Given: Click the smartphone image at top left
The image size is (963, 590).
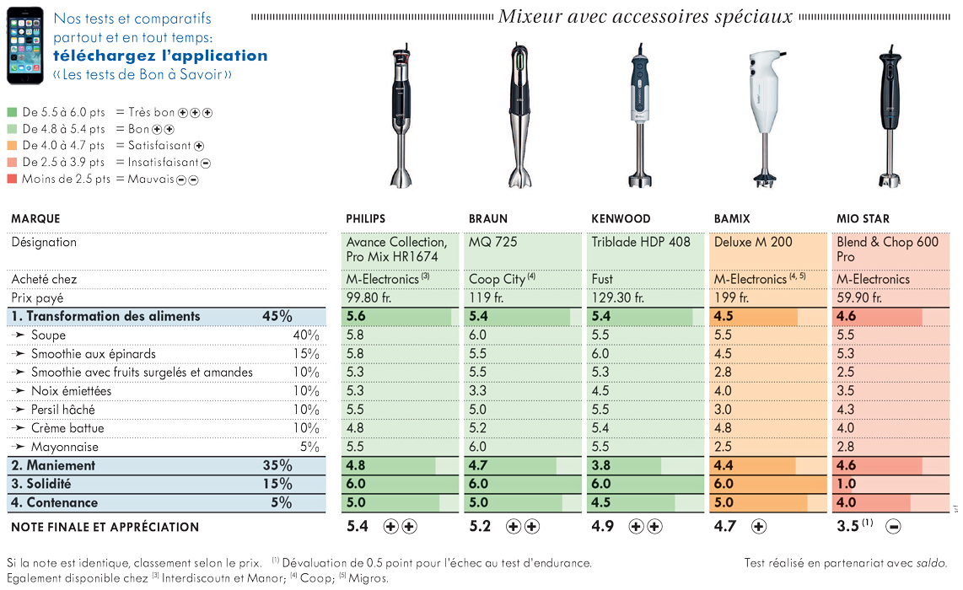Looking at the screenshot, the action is tap(25, 46).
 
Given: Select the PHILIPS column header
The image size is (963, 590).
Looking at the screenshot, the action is tap(365, 218).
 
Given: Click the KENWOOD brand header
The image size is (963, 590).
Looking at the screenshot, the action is tap(621, 218).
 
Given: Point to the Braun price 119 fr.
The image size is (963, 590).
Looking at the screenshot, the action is tap(486, 298).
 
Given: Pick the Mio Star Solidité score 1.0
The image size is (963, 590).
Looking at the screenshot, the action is tap(847, 484).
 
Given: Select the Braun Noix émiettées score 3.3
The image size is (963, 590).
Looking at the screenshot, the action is tap(477, 390).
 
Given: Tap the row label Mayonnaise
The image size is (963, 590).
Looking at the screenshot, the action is tap(64, 447).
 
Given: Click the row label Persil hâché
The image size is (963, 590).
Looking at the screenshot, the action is tap(62, 410).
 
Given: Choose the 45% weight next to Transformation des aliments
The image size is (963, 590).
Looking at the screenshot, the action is tap(277, 316).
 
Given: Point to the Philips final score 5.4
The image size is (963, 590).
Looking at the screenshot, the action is tap(358, 526).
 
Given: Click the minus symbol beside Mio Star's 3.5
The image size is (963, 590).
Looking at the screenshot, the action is tap(894, 527).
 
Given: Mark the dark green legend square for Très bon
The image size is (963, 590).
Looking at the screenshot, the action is tap(12, 112).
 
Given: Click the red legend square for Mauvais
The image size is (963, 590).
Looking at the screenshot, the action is tap(12, 179).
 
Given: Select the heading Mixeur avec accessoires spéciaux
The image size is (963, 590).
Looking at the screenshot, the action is tap(645, 16).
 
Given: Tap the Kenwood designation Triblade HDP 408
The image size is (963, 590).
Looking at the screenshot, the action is tap(641, 242).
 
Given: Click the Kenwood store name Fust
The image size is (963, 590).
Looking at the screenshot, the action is tap(602, 279).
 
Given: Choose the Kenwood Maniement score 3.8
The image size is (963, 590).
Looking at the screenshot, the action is tap(600, 465).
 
